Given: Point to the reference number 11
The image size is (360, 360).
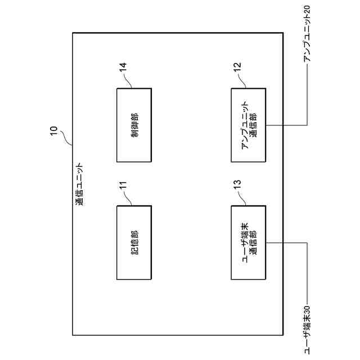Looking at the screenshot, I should pyautogui.click(x=123, y=187).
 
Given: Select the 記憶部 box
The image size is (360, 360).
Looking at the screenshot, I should pyautogui.click(x=134, y=242).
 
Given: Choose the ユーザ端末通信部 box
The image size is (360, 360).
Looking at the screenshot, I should pyautogui.click(x=248, y=242).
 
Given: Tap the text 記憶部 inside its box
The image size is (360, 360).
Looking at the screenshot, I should pyautogui.click(x=134, y=242).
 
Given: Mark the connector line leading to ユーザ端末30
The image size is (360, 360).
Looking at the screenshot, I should pyautogui.click(x=307, y=270).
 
